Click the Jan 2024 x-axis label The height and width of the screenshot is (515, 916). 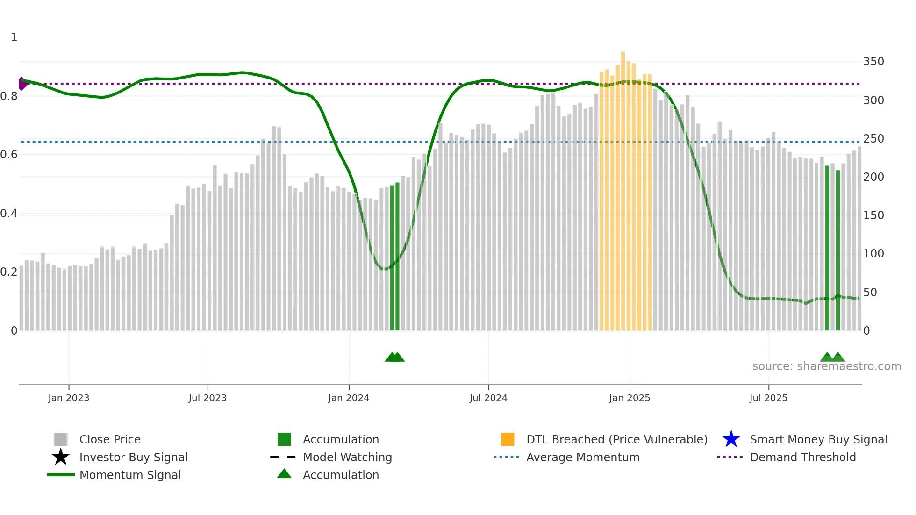pyautogui.click(x=349, y=398)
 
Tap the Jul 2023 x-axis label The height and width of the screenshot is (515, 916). pyautogui.click(x=208, y=398)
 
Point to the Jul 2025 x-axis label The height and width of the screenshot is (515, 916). pyautogui.click(x=768, y=398)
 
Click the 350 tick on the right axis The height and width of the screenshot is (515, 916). pyautogui.click(x=873, y=62)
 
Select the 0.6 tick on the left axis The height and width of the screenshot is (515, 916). pyautogui.click(x=9, y=155)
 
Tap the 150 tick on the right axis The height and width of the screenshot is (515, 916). pyautogui.click(x=873, y=215)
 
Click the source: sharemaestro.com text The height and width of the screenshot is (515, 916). pyautogui.click(x=826, y=366)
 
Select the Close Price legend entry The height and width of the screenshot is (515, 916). pyautogui.click(x=109, y=440)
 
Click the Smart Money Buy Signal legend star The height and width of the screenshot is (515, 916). pyautogui.click(x=731, y=439)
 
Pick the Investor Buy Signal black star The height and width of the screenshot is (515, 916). pyautogui.click(x=61, y=457)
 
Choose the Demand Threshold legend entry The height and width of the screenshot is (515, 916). pyautogui.click(x=802, y=458)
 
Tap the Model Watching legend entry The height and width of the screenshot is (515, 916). pyautogui.click(x=347, y=458)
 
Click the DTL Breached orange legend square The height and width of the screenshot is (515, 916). pyautogui.click(x=508, y=439)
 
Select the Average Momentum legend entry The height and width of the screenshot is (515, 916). pyautogui.click(x=582, y=458)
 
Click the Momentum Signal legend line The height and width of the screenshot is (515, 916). pyautogui.click(x=61, y=475)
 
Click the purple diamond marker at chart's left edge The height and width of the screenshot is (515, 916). pyautogui.click(x=22, y=84)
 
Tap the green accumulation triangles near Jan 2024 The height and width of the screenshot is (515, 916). pyautogui.click(x=394, y=358)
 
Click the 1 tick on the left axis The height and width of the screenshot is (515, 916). pyautogui.click(x=14, y=37)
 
